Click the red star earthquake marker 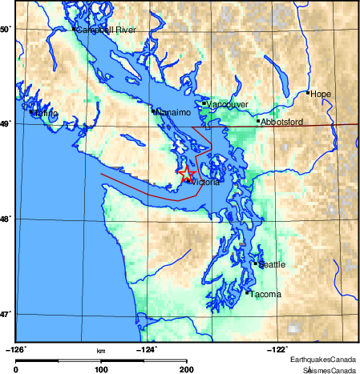coord(186,173)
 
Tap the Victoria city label coord(204,183)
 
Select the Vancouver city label coord(228,105)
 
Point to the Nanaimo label coord(172,113)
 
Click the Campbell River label coord(107,30)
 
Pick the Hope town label coord(321,94)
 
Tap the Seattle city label coord(273,264)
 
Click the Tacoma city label coord(265,294)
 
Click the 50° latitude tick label coord(6,30)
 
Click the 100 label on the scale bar coord(101,369)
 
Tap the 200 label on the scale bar coord(186,369)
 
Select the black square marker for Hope coord(308,93)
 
